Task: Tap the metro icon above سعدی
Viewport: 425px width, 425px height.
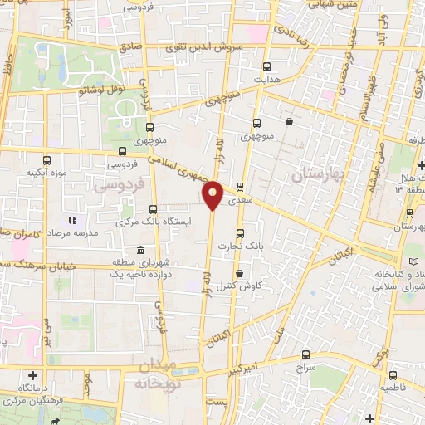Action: pos(241,187)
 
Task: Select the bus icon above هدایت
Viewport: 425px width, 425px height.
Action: pos(266,67)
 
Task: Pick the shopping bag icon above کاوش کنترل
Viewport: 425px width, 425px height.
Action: pos(240,274)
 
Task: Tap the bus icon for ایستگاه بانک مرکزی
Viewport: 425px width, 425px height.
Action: pos(152,210)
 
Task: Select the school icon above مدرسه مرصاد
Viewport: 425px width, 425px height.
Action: pos(71,221)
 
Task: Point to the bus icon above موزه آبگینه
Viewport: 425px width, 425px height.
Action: pos(45,160)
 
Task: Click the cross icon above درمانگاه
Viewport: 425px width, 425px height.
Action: pos(32,374)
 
